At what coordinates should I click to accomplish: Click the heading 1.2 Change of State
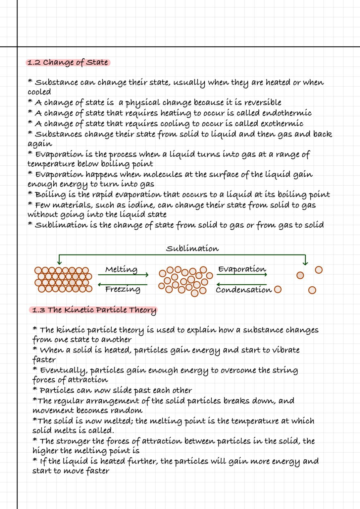68,62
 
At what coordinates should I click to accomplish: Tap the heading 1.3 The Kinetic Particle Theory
94,310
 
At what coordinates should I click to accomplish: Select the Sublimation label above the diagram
192,249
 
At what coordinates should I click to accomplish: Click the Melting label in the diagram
121,269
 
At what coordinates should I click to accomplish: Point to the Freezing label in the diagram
123,289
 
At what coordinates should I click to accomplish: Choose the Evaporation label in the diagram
242,269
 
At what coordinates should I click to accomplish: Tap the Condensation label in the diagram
243,290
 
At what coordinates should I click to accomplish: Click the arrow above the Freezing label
123,284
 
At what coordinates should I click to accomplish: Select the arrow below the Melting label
123,275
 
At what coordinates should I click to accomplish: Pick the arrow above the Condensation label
241,284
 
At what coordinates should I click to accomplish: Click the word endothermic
287,113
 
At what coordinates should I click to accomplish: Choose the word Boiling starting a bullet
50,195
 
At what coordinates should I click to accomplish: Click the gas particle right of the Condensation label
278,290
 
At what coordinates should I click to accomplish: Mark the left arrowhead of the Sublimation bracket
59,262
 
